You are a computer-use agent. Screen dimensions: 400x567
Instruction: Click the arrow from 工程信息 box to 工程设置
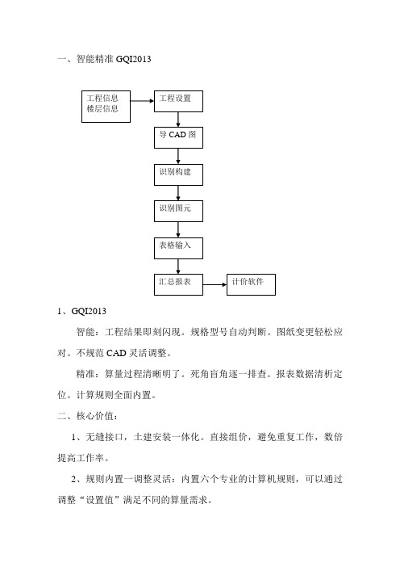tap(142, 101)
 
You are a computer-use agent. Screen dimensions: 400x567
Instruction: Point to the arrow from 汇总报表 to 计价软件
tap(215, 284)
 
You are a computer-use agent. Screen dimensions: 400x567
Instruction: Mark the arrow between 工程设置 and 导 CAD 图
tap(178, 120)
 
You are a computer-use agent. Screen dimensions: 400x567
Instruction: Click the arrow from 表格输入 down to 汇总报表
tap(178, 267)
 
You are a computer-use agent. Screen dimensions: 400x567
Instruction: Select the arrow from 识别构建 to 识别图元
tap(178, 193)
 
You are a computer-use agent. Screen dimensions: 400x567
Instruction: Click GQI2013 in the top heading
tap(134, 59)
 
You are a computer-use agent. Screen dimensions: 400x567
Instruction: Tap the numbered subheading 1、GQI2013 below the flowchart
tap(81, 311)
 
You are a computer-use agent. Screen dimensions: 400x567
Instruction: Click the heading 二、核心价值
tap(87, 416)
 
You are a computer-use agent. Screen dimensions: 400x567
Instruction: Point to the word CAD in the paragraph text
tap(116, 353)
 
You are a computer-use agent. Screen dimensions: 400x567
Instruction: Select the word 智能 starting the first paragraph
tap(85, 332)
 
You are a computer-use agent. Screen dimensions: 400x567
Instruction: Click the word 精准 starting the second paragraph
tap(85, 374)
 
